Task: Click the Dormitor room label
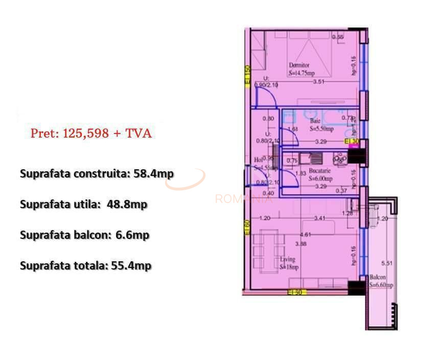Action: tap(299, 65)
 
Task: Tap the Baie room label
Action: tap(315, 121)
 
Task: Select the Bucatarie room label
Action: tap(320, 171)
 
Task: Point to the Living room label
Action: tap(287, 259)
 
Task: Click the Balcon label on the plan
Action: tap(379, 277)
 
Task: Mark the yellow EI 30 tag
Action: tap(352, 141)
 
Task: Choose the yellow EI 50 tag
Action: tap(296, 292)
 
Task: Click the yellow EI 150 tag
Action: tap(247, 76)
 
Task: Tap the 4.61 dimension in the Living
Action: tap(305, 235)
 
